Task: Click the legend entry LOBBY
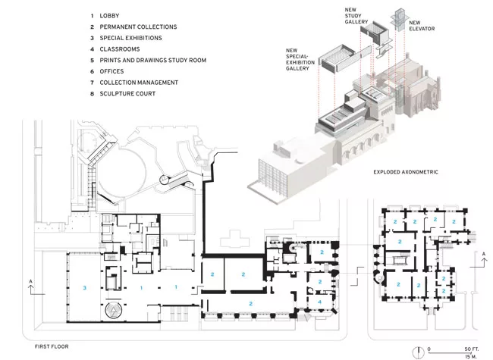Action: (109, 16)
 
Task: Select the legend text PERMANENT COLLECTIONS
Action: (138, 27)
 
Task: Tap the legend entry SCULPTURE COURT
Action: (127, 94)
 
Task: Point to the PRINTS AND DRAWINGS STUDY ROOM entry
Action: (153, 61)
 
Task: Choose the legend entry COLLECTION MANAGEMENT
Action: (139, 83)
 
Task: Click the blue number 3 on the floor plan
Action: (84, 288)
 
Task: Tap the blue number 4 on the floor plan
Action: (320, 302)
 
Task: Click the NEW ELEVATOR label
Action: (422, 26)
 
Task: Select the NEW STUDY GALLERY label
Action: (356, 16)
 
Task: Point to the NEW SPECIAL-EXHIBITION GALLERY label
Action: (300, 59)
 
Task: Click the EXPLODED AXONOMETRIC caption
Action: (406, 172)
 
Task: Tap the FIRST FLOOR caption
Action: (52, 346)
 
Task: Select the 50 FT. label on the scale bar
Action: (471, 349)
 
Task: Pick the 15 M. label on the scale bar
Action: (471, 356)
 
